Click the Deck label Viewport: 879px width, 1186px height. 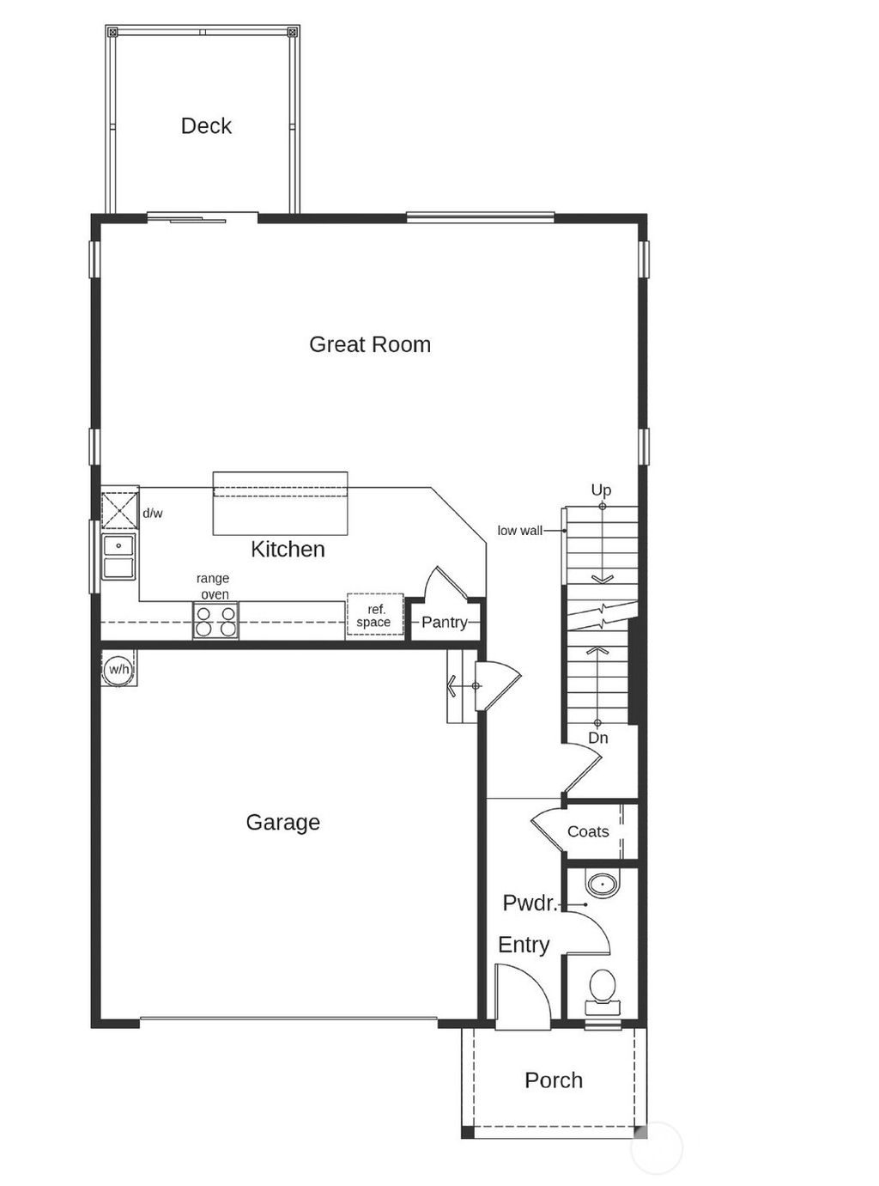[206, 126]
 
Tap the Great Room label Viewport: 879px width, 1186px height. [370, 344]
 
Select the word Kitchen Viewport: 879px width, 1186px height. [288, 550]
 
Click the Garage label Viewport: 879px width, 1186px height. [282, 823]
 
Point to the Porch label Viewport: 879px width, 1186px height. [554, 1080]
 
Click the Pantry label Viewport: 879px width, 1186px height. [444, 623]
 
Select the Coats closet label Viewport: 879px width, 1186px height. [588, 831]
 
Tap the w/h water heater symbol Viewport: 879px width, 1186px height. [118, 669]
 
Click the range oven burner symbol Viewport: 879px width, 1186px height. [215, 621]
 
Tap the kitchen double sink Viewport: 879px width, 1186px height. [119, 557]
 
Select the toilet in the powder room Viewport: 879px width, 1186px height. [602, 988]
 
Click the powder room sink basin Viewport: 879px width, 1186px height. [602, 884]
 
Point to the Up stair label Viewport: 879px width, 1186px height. [601, 490]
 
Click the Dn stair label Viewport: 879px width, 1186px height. [598, 738]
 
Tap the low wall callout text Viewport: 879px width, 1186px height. [519, 531]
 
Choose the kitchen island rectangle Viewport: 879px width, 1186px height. [281, 502]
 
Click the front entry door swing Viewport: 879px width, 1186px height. [523, 996]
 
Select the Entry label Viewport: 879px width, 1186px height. [524, 945]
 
